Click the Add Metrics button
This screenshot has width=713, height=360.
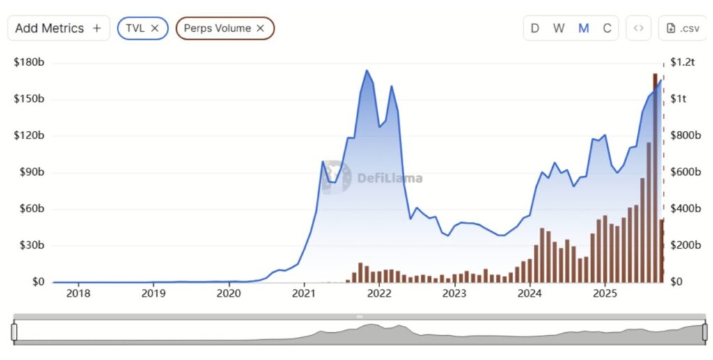58,29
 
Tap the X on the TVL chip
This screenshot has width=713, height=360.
155,29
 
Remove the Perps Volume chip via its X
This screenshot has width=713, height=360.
260,29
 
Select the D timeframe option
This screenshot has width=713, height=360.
535,29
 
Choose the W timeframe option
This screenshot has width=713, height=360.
558,29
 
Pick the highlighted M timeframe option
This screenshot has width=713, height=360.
583,29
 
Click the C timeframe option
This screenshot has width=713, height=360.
607,29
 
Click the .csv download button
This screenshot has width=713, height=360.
682,29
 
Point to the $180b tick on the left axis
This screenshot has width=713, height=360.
29,63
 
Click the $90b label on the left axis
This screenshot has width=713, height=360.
29,173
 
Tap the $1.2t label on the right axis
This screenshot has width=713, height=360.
682,63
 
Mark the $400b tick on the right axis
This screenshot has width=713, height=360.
684,209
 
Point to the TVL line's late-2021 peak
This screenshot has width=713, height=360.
367,70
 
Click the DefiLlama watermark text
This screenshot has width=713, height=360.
390,178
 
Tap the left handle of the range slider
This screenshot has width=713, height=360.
14,331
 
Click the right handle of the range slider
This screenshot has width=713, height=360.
704,331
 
